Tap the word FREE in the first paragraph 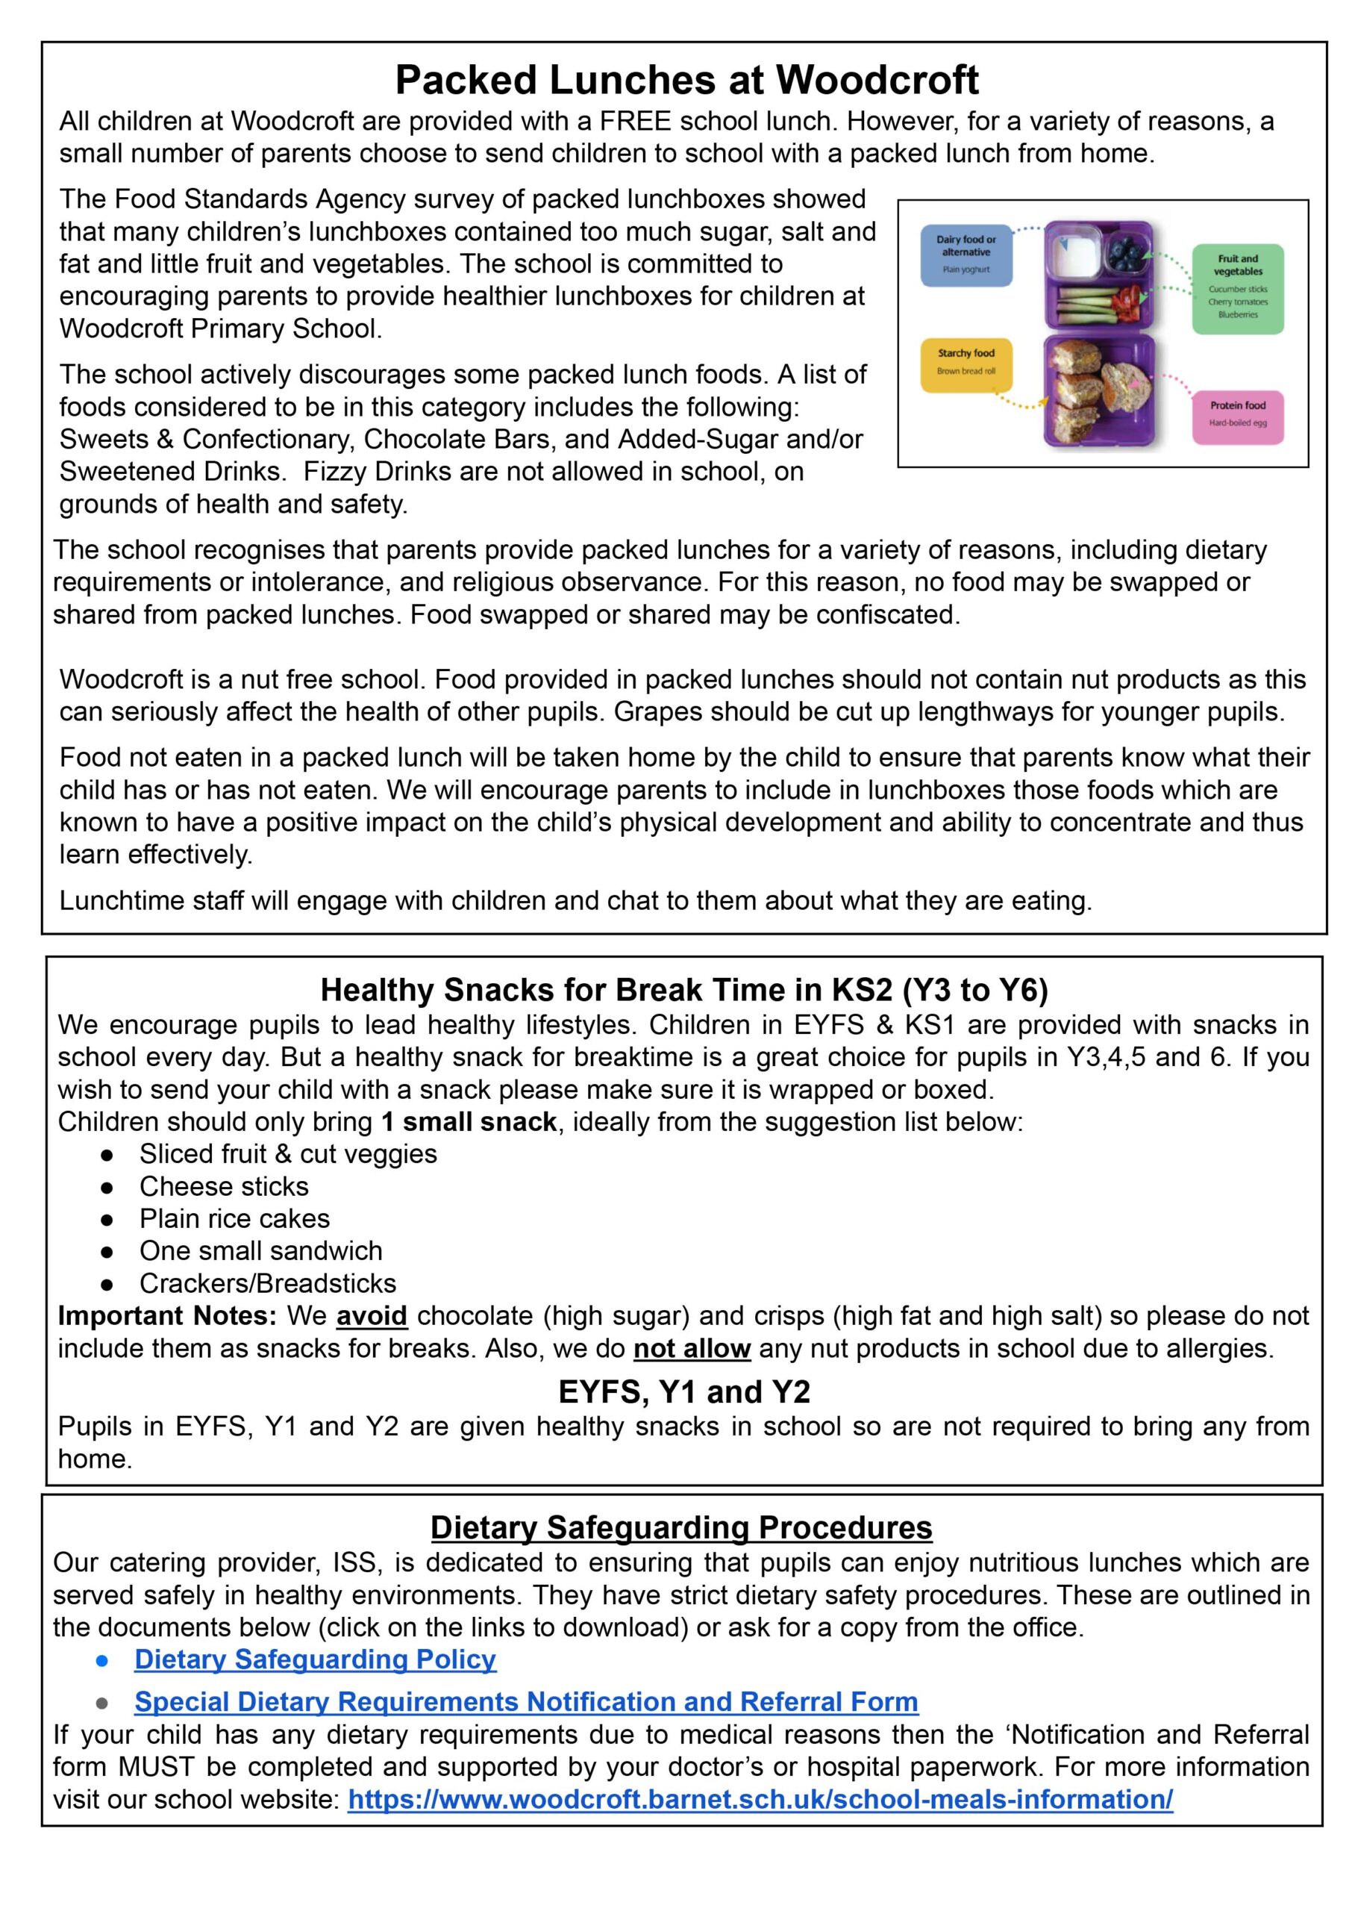[635, 122]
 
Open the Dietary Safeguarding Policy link [315, 1659]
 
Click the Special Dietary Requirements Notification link [525, 1701]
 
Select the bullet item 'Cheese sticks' [223, 1185]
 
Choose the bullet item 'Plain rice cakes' [234, 1218]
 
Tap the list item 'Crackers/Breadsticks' [267, 1283]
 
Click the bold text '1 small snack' [469, 1122]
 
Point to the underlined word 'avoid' [372, 1315]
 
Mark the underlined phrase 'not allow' [692, 1348]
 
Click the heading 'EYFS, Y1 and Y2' [683, 1391]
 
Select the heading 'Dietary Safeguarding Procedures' [681, 1527]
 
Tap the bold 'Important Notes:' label [166, 1315]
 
